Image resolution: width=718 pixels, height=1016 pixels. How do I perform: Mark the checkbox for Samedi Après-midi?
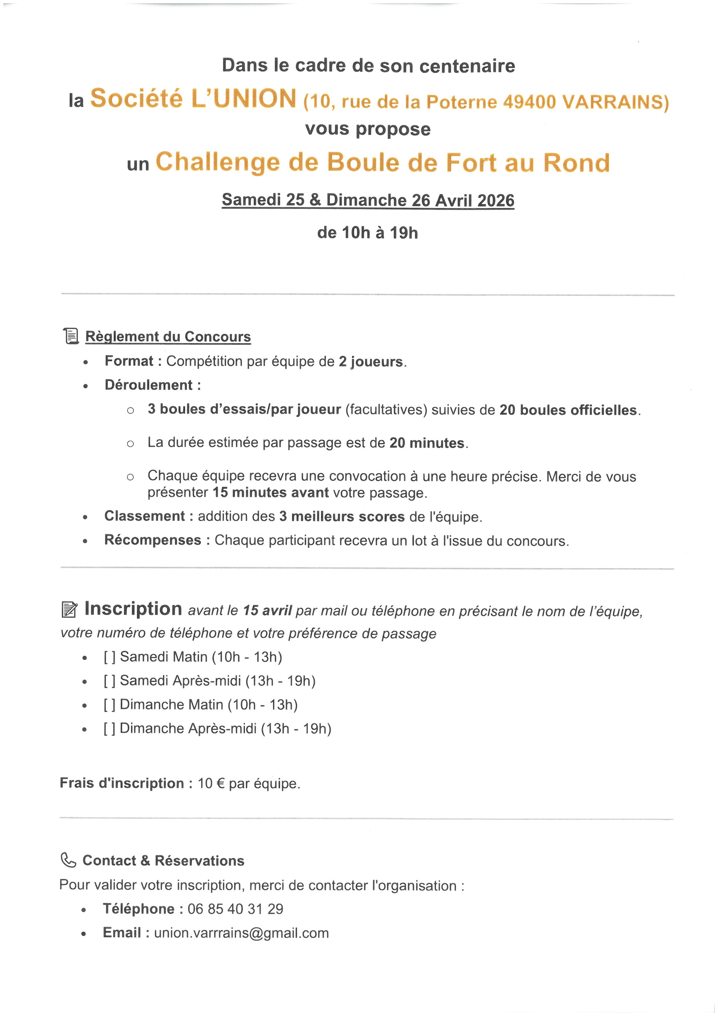pyautogui.click(x=110, y=681)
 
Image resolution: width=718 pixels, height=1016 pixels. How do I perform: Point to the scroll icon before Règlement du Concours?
pyautogui.click(x=71, y=336)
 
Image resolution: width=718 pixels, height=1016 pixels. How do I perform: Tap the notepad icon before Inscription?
pyautogui.click(x=70, y=610)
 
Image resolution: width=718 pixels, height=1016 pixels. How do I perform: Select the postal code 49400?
pyautogui.click(x=529, y=102)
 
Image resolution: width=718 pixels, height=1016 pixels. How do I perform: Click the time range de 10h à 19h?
pyautogui.click(x=367, y=233)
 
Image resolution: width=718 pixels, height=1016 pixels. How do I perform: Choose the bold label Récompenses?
pyautogui.click(x=153, y=540)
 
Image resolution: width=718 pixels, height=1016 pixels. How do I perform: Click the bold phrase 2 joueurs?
pyautogui.click(x=371, y=362)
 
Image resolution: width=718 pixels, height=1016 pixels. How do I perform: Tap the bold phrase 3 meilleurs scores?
pyautogui.click(x=342, y=517)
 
